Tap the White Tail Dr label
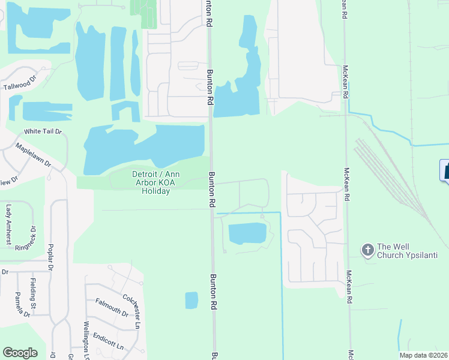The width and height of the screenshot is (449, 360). tap(43, 131)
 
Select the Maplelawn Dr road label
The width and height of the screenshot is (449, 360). tap(34, 155)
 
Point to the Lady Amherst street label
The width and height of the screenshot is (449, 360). tap(8, 224)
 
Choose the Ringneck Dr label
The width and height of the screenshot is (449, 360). tap(27, 238)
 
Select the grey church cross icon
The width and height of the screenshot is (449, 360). tap(367, 248)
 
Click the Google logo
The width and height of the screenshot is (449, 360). tap(20, 353)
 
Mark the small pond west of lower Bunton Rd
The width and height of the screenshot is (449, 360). tap(191, 300)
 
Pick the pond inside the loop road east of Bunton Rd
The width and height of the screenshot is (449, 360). tap(247, 233)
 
